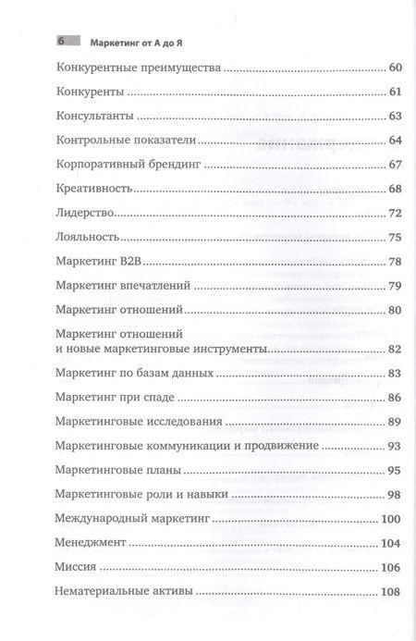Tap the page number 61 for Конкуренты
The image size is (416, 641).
point(397,92)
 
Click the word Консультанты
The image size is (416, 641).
point(95,117)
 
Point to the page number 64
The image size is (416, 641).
point(397,141)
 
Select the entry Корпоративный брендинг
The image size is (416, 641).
point(128,165)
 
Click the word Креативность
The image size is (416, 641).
point(95,189)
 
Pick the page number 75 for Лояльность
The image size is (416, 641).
point(397,237)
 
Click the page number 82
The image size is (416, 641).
point(397,349)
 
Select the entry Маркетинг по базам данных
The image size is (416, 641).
point(135,373)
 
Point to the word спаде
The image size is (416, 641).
point(156,397)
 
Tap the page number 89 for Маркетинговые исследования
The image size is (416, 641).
point(397,421)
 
